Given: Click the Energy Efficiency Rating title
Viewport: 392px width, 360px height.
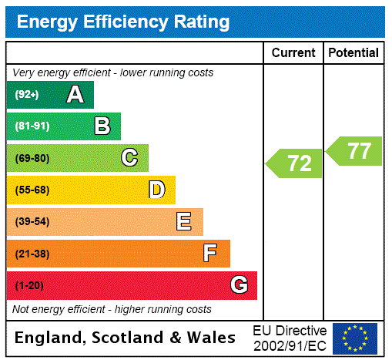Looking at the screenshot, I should (122, 22).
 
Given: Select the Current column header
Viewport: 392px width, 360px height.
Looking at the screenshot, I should (293, 52).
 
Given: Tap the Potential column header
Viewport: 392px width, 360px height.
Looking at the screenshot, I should (353, 52).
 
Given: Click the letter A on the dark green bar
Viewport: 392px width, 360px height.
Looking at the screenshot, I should (75, 95).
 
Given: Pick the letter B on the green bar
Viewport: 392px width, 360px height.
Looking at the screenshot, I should (102, 126).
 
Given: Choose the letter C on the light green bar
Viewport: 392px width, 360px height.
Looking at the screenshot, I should (129, 158).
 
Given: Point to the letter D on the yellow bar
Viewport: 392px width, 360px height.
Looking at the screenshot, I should (156, 190).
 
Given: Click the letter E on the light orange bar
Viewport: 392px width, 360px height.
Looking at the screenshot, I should (184, 222).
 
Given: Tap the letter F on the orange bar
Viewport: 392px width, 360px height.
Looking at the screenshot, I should (209, 253).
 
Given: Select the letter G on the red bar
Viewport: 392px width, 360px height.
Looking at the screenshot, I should (239, 285).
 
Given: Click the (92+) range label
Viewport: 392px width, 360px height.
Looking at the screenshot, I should (27, 95).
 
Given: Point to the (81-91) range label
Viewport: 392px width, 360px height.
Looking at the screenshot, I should (32, 126).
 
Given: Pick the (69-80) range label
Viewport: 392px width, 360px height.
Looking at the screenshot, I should (32, 158).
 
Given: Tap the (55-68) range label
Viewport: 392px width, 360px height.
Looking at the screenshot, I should (32, 190).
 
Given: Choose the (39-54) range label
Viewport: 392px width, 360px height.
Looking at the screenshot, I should (32, 222).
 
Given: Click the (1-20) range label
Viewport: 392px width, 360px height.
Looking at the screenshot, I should (29, 285).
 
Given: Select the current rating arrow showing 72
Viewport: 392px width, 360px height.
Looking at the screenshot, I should (296, 163).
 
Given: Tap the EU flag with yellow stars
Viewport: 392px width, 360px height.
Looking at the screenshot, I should (355, 338).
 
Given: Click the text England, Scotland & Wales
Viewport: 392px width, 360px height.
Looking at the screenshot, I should (126, 338).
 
